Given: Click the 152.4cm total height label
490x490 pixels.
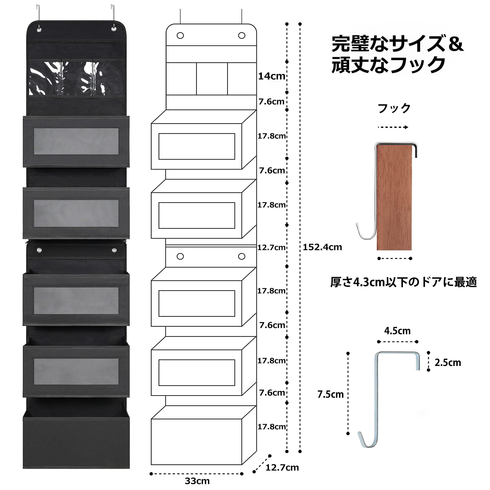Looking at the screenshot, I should (322, 247).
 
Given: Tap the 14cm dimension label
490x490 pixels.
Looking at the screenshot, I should (271, 76).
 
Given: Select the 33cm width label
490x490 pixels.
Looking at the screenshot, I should (197, 481).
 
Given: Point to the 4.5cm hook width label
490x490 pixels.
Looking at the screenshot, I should (397, 331).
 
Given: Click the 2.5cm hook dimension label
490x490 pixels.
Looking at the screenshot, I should (448, 363).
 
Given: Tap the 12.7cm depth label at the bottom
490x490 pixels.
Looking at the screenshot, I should (282, 467).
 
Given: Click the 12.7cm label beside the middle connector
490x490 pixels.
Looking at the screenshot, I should (271, 247).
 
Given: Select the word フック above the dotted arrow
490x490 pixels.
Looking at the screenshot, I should (394, 108).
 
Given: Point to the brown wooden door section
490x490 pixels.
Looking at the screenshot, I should (394, 198).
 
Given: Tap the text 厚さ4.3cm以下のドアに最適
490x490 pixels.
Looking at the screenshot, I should (403, 282).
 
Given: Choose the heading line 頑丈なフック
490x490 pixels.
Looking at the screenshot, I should (388, 65).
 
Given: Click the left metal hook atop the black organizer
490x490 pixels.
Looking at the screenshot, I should (38, 13).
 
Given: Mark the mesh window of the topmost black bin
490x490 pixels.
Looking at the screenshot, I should (76, 141).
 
